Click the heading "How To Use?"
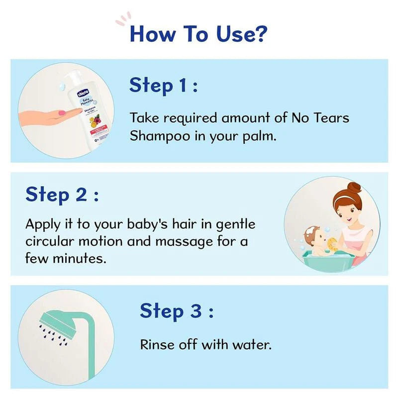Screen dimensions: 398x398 (x=199, y=34)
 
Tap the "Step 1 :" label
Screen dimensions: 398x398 (x=164, y=86)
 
